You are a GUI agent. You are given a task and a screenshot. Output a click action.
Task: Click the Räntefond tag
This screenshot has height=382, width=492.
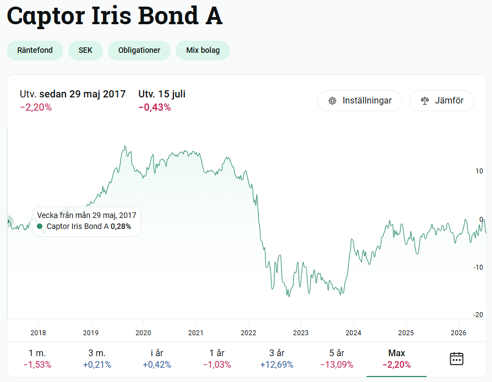pos(35,50)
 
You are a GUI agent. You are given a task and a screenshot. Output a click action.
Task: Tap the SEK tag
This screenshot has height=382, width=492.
pos(85,50)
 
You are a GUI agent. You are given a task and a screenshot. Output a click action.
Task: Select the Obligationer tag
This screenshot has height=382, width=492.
pos(139,50)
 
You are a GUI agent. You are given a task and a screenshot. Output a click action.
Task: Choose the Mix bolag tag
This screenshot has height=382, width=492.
pos(203,50)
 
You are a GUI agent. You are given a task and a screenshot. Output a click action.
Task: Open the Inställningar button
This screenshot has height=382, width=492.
pos(359,100)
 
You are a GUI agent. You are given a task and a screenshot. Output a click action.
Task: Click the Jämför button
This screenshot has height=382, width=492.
pos(442,100)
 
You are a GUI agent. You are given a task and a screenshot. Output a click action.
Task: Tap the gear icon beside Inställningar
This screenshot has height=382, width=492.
pos(332,101)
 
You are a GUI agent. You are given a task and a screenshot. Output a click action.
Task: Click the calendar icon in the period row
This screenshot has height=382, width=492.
pos(457,358)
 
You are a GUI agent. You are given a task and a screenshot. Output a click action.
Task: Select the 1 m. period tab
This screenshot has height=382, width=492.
pos(37,358)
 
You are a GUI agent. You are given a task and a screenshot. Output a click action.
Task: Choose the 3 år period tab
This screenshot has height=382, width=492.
pos(277,358)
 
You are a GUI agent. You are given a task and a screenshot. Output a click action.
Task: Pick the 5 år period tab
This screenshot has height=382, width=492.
pos(337,358)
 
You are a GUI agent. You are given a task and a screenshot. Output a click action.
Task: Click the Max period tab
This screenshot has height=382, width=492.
pos(397,358)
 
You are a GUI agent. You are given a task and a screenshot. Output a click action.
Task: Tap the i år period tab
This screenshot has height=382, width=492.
pos(157,358)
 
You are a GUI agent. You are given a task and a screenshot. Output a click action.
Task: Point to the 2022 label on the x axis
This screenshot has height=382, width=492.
pos(248,332)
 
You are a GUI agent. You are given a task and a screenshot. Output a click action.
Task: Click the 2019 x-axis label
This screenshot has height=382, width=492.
pos(91,332)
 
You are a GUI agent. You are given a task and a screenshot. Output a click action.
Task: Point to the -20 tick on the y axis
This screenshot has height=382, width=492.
pos(478,314)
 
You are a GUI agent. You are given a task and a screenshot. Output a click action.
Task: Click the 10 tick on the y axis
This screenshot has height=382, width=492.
pos(479,171)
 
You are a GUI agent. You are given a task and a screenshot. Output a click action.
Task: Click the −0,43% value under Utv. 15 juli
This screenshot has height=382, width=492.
pos(155,107)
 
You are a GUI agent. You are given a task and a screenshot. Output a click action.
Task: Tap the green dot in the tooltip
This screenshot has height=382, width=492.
pos(40,226)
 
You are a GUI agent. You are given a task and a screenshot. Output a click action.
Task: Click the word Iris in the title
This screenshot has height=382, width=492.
pos(111,15)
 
